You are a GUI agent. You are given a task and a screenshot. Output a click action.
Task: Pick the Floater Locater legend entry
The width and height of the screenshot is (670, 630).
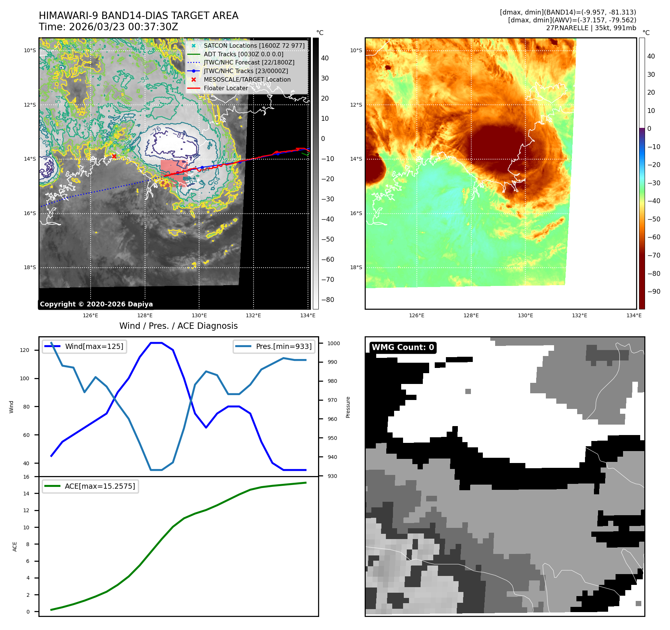[x=226, y=88]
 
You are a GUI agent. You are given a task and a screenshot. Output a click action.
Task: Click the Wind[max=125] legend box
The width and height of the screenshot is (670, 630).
[x=84, y=346]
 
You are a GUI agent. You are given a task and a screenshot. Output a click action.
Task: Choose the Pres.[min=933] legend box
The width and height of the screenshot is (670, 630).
[x=274, y=346]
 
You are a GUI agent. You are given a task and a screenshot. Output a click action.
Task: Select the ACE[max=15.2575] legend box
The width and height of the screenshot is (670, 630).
[x=90, y=486]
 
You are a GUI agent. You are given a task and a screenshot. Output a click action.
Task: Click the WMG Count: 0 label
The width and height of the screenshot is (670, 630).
[x=403, y=347]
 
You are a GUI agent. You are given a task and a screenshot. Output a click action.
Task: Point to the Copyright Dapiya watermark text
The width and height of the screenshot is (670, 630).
[x=96, y=304]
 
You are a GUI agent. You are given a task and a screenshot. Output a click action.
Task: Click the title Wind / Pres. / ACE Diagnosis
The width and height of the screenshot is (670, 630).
[x=178, y=326]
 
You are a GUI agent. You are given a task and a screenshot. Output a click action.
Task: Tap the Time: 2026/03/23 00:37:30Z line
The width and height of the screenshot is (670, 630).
[x=108, y=27]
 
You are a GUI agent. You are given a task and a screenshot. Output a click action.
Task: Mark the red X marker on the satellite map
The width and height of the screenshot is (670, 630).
[x=114, y=156]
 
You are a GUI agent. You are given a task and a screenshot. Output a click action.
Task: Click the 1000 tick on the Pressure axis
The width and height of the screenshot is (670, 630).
[x=334, y=343]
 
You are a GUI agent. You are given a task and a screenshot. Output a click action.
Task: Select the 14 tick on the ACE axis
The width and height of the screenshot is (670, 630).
[x=26, y=494]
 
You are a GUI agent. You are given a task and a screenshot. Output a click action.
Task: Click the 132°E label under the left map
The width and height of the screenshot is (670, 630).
[x=253, y=316]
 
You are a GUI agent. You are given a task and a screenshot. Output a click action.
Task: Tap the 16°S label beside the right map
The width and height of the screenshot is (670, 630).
[x=356, y=213]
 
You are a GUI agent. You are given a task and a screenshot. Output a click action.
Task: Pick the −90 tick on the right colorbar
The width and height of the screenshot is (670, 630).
[x=654, y=292]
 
